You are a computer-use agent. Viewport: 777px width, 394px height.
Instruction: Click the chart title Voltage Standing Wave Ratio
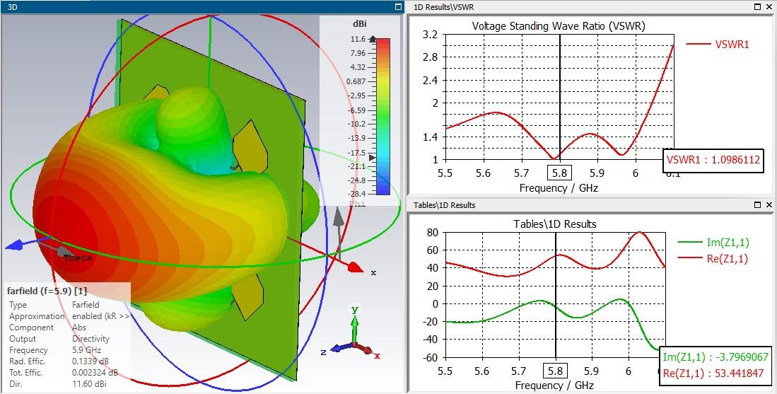(559, 26)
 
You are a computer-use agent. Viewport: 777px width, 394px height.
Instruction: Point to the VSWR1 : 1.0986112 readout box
(713, 160)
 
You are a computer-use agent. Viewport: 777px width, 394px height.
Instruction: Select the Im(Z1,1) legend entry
(722, 243)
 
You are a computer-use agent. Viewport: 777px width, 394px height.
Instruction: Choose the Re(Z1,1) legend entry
(722, 259)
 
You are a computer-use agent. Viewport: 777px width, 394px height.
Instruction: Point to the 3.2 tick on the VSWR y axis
(428, 35)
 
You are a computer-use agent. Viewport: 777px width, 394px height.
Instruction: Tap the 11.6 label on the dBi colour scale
(358, 40)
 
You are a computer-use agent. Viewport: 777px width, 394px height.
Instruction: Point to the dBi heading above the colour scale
(359, 23)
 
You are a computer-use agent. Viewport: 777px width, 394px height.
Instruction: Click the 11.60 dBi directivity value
(88, 384)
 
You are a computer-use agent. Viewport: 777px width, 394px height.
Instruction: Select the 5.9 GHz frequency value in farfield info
(86, 350)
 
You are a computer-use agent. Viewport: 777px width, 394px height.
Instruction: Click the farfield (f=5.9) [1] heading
(47, 291)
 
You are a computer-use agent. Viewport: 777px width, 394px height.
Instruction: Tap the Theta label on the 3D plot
(78, 258)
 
